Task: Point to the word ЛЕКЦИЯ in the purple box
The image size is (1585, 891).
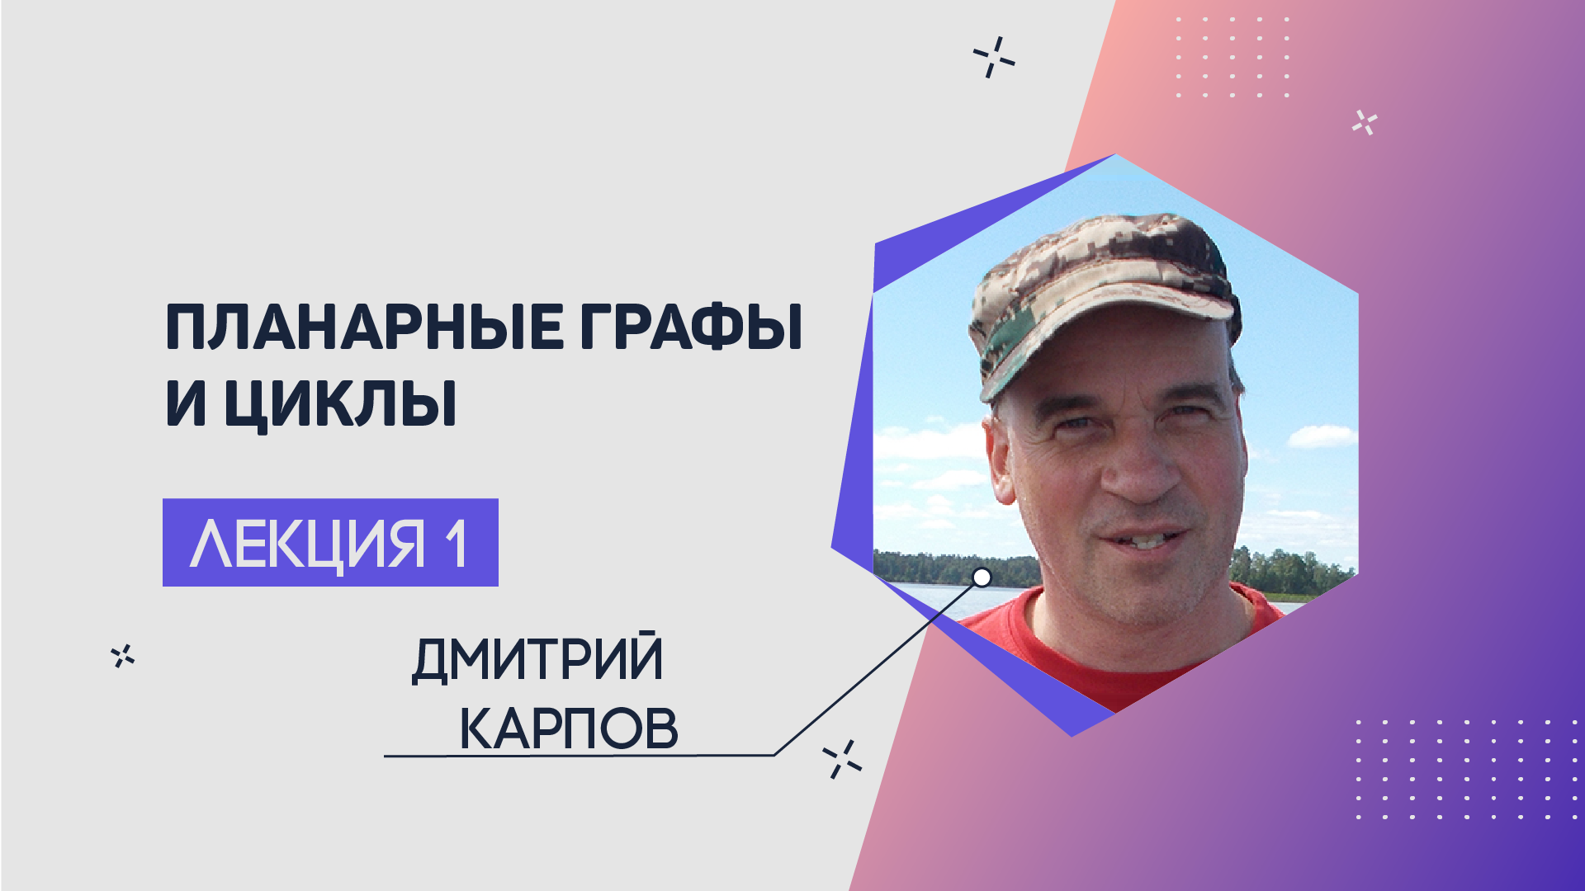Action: click(307, 544)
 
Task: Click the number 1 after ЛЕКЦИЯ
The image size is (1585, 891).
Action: click(457, 544)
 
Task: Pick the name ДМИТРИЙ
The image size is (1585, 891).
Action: click(537, 658)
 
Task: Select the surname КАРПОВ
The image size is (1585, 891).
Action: click(569, 728)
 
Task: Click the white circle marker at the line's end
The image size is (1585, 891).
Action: click(982, 577)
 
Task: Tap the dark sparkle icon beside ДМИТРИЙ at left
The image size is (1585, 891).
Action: click(123, 656)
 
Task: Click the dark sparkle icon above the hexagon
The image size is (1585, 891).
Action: click(994, 57)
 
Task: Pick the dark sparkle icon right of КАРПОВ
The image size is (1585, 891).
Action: click(842, 759)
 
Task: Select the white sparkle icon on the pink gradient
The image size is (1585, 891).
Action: click(1365, 123)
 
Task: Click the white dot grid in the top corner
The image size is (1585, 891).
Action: click(1233, 56)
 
